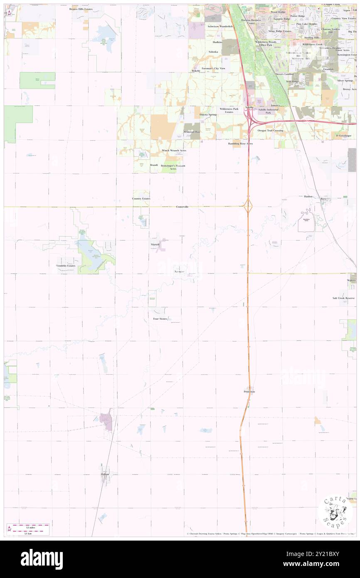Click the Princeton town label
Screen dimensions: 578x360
[249, 392]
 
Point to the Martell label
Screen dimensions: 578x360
[155, 245]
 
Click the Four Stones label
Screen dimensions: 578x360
[160, 319]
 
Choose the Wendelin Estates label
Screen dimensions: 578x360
[66, 265]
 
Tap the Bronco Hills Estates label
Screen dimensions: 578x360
[81, 8]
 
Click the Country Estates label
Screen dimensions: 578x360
[141, 199]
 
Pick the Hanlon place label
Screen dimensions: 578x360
[308, 196]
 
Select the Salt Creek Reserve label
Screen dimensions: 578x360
[343, 298]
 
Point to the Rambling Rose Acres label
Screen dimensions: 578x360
[240, 143]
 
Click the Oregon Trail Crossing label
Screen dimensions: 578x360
[270, 131]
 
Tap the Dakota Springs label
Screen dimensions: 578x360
[208, 114]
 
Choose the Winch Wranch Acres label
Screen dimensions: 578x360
[174, 150]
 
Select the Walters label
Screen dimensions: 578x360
[352, 281]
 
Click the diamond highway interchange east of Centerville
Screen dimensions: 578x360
[248, 205]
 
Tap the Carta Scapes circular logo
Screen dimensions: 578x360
[335, 511]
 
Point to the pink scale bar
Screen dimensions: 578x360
[31, 525]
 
